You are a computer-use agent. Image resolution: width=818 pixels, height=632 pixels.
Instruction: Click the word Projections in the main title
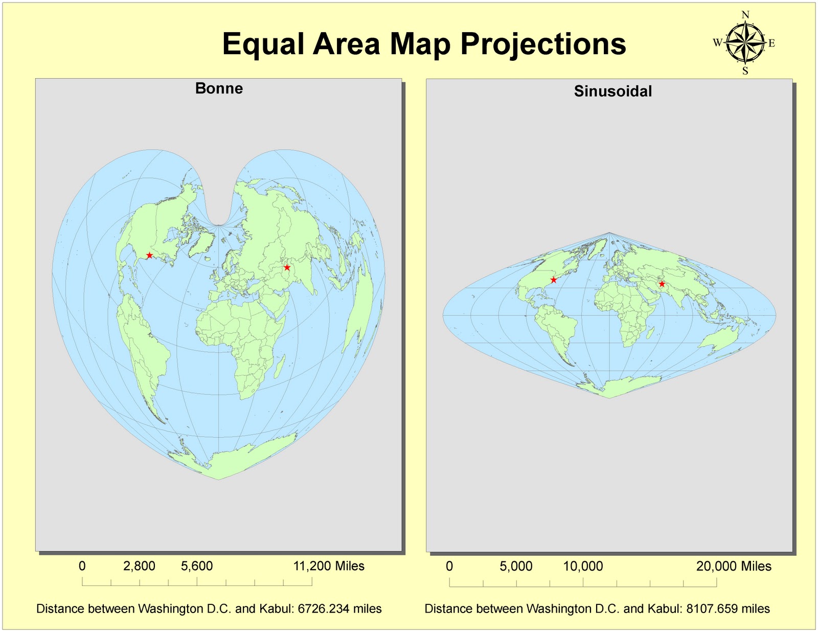543,44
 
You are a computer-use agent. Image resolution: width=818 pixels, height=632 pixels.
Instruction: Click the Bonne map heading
219,88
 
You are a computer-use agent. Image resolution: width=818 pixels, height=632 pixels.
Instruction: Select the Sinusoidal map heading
612,92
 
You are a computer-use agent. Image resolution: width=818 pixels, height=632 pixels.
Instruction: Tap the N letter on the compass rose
745,15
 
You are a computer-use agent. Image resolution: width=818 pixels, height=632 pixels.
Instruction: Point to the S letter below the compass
745,71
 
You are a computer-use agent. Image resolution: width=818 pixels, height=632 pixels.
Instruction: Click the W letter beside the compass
717,43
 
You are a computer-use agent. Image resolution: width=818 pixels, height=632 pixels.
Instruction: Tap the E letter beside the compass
771,43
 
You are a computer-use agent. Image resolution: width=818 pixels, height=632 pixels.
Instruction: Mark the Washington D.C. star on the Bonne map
149,255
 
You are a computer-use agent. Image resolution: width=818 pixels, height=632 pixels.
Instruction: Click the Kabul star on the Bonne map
287,267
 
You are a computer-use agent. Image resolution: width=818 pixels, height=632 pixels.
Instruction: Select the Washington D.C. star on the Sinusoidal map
553,280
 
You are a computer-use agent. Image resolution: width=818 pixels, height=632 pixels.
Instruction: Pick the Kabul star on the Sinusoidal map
662,284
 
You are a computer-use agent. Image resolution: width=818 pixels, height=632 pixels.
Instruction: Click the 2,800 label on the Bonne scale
139,566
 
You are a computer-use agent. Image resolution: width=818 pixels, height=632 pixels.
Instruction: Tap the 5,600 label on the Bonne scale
197,566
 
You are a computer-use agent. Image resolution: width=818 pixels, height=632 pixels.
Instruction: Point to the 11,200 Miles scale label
328,566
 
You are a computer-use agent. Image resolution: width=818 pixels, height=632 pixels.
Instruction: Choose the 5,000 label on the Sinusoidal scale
516,567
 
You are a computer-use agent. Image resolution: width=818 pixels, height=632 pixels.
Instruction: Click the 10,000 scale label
583,567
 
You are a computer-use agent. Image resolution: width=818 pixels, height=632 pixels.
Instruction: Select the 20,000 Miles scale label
734,567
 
